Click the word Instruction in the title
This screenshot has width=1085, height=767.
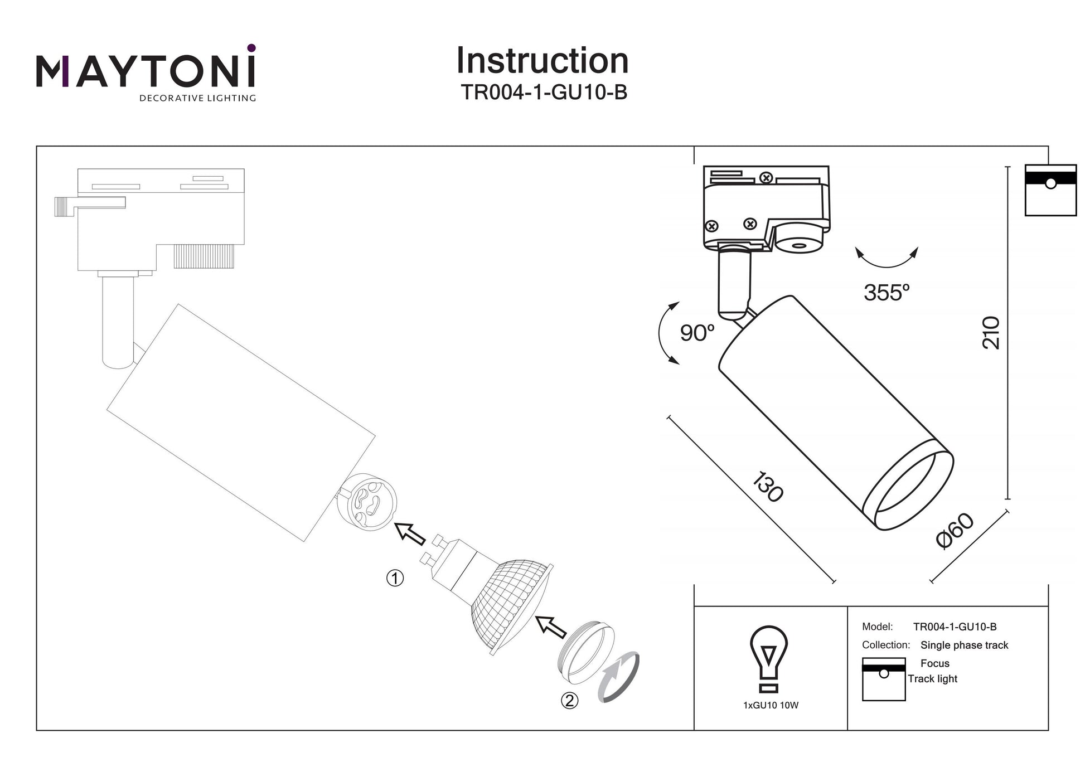coord(542,61)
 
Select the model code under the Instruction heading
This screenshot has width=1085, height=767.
coord(544,93)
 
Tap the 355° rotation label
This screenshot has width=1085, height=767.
coord(886,293)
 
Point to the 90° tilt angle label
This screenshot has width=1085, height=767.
coord(696,333)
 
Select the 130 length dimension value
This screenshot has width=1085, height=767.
coord(768,487)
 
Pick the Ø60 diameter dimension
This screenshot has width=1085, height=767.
coord(955,531)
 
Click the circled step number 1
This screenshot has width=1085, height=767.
coord(395,578)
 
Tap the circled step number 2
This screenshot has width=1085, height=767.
coord(569,700)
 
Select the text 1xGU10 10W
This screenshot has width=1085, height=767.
coord(771,706)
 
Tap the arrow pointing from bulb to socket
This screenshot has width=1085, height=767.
coord(410,533)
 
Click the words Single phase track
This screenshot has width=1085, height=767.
coord(964,645)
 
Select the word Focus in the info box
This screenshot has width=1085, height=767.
coord(934,663)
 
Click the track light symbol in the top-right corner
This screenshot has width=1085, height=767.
coord(1050,190)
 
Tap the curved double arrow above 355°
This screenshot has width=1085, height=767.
coord(887,260)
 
